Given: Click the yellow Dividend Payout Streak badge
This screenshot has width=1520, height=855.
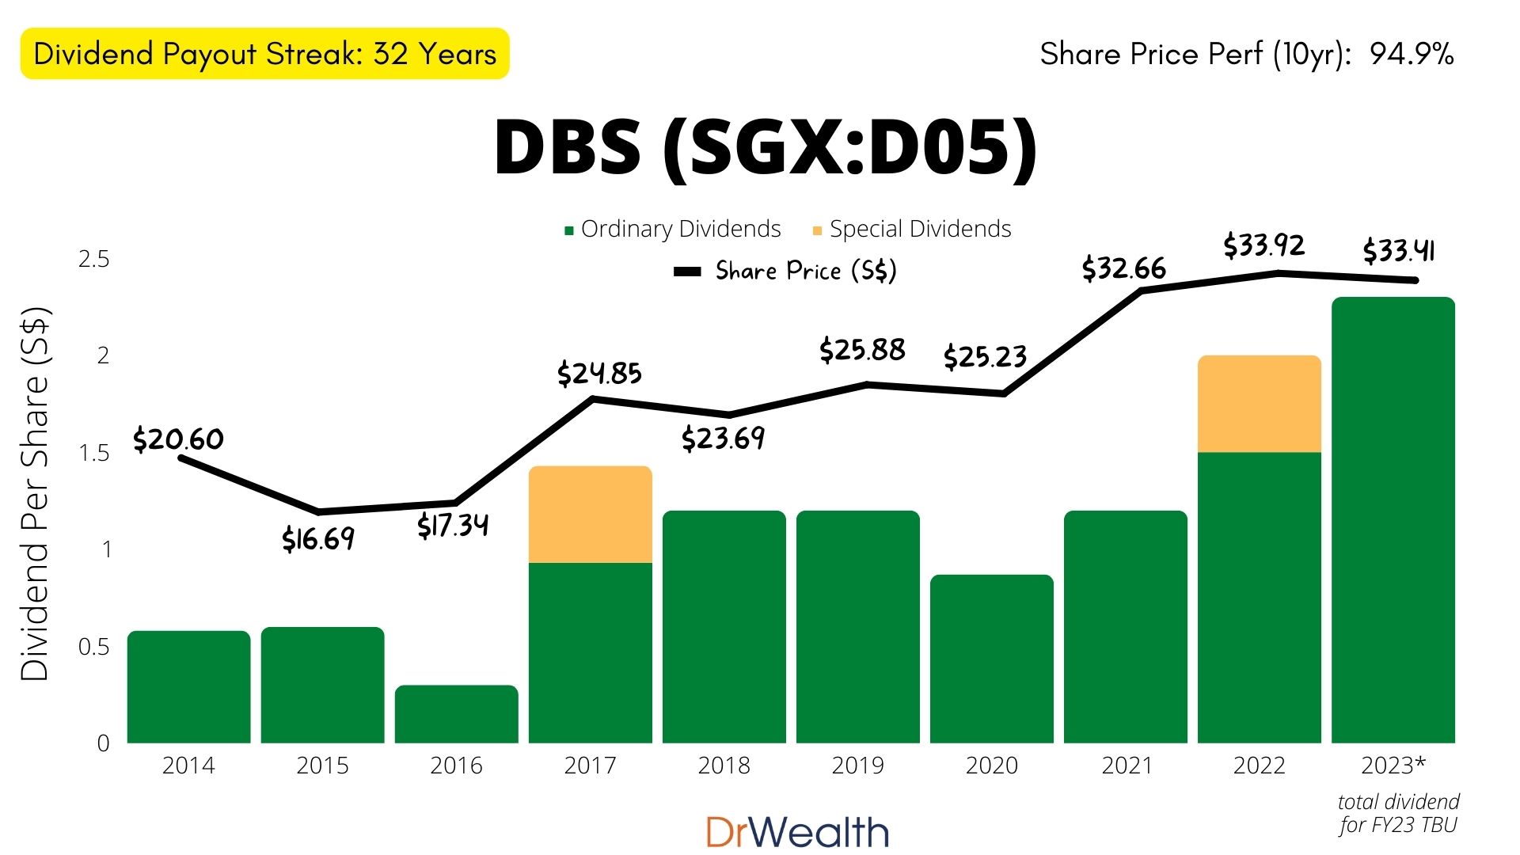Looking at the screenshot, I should tap(264, 54).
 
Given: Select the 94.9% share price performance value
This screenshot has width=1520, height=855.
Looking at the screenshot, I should tap(1412, 54).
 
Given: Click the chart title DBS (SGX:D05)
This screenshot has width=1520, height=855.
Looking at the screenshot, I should tap(765, 147).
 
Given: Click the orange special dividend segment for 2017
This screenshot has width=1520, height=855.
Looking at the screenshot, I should tap(591, 515).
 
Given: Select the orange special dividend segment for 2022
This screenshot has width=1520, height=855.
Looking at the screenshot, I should tap(1260, 404).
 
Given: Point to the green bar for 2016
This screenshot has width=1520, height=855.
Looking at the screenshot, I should tap(457, 714).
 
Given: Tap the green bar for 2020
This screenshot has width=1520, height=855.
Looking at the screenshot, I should tap(992, 659).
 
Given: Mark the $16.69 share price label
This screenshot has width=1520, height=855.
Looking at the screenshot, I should tap(318, 539).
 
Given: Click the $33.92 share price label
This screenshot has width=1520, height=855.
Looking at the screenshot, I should tap(1263, 245).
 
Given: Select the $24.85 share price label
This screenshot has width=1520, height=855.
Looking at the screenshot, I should tap(599, 373).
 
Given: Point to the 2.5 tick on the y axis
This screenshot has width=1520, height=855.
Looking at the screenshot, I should tap(93, 260).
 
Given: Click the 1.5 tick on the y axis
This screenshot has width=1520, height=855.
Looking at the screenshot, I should tap(93, 453).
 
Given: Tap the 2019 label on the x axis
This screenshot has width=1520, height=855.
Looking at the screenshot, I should tap(857, 766).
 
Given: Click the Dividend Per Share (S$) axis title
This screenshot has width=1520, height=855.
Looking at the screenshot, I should tap(35, 493).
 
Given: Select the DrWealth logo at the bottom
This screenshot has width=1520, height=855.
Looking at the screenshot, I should tap(797, 832).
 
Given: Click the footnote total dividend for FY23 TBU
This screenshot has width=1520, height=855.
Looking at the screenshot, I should tap(1398, 813).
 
